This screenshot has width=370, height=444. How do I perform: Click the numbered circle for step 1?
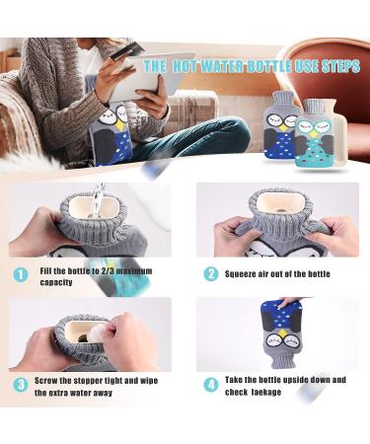(x=21, y=274)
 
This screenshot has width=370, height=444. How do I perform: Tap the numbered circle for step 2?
(x=210, y=274)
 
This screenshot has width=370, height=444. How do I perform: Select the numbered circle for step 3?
(x=21, y=385)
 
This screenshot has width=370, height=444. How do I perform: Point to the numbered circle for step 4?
(x=210, y=385)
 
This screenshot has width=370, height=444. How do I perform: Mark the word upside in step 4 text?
(x=304, y=380)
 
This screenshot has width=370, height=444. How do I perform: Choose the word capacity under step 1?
(x=57, y=282)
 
